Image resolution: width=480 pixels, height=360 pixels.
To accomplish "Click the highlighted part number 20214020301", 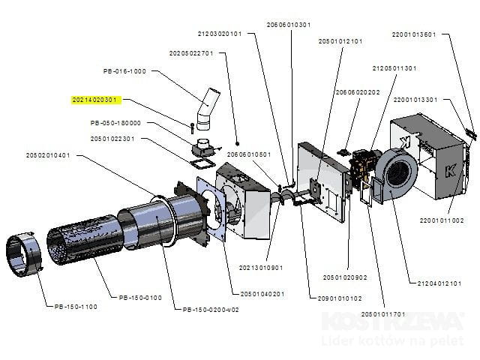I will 95,100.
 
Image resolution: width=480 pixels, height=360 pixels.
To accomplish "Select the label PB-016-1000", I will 124,71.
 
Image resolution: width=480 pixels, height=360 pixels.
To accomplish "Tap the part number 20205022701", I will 191,53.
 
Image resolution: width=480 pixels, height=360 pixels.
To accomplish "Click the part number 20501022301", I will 112,138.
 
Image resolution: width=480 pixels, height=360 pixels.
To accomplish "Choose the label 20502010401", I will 48,155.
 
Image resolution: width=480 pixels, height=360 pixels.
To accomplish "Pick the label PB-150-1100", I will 76,306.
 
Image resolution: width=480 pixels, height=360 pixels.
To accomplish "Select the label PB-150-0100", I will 140,298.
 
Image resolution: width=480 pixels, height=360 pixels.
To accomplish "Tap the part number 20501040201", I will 262,293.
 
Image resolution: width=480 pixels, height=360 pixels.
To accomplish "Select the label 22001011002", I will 442,220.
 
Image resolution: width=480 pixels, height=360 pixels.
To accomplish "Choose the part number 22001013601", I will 414,34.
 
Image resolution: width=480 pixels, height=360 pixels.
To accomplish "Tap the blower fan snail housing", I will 397,173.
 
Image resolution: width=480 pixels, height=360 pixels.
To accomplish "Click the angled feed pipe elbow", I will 203,109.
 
